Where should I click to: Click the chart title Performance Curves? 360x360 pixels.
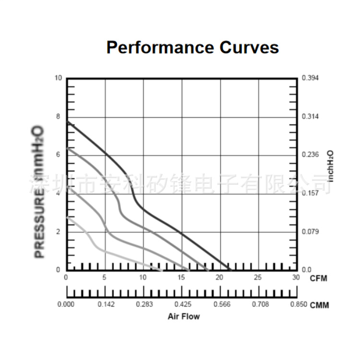(x=192, y=48)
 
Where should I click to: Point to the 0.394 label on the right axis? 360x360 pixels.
(x=311, y=78)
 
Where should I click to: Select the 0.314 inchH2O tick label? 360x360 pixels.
(x=311, y=117)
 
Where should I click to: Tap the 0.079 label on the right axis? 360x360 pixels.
(x=311, y=232)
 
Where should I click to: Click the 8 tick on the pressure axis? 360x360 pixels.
(x=59, y=117)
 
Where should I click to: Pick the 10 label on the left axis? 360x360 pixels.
(x=59, y=78)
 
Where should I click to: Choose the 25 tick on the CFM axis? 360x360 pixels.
(x=258, y=277)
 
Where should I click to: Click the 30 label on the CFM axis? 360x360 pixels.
(x=296, y=277)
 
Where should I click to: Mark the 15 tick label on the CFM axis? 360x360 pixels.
(x=181, y=277)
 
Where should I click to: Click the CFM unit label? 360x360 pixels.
(x=319, y=278)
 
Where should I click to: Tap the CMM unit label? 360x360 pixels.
(x=320, y=305)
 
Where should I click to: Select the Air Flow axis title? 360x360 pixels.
(x=184, y=316)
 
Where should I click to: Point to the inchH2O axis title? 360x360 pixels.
(x=331, y=166)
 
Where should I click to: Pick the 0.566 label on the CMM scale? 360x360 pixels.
(x=221, y=304)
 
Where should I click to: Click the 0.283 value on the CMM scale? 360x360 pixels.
(x=144, y=304)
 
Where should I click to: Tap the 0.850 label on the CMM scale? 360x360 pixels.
(x=298, y=304)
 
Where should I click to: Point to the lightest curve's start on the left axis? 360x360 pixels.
(x=67, y=217)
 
